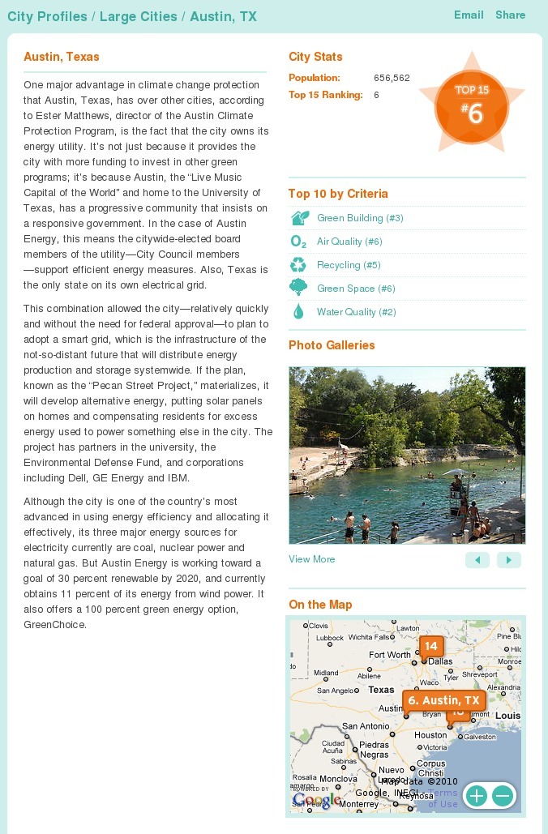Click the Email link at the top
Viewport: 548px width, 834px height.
tap(469, 15)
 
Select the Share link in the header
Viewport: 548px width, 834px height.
tap(510, 15)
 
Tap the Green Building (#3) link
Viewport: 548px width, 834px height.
tap(360, 218)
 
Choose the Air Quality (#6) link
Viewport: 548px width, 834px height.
tap(349, 242)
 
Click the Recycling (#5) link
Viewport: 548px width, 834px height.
tap(349, 265)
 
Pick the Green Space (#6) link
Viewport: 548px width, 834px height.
tap(356, 289)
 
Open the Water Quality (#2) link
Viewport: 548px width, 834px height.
tap(356, 312)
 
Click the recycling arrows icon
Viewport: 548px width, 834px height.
tap(298, 265)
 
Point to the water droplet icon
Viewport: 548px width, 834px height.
tap(298, 312)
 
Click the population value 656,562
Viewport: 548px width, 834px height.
tap(392, 79)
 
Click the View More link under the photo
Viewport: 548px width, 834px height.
tap(311, 559)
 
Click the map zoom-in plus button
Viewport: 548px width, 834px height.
tap(476, 796)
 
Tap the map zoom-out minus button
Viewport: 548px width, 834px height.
tap(502, 796)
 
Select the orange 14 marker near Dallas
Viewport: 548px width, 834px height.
tap(430, 647)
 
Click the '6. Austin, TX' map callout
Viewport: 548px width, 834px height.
tap(444, 700)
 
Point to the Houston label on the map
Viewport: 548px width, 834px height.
tap(430, 735)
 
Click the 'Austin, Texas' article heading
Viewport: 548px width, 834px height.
tap(62, 57)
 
